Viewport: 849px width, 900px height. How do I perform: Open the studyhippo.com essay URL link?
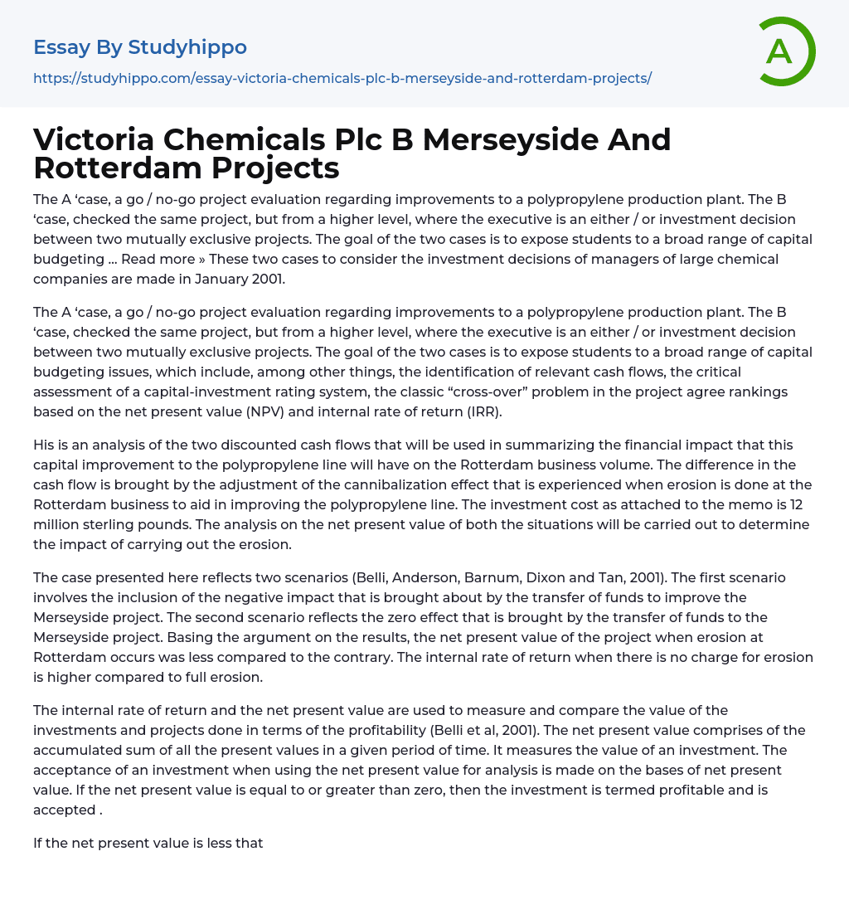pos(342,78)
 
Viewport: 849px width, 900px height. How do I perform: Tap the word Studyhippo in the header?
pos(187,47)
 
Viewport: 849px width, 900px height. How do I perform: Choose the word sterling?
pos(85,524)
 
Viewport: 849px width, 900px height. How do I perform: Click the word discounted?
pos(270,445)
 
